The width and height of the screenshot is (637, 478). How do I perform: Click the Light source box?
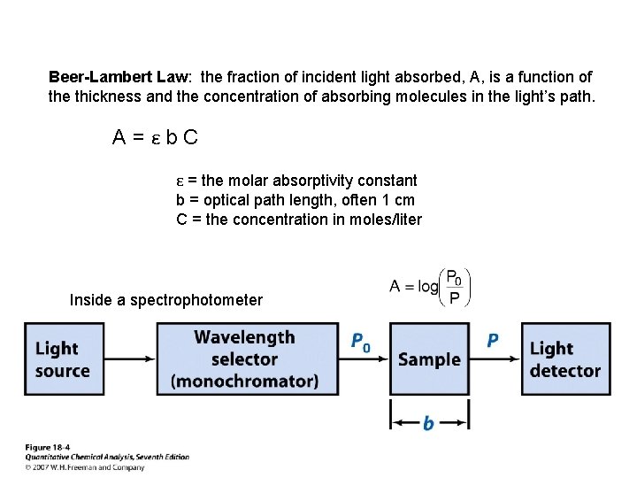click(63, 359)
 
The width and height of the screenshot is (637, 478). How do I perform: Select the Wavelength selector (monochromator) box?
click(244, 359)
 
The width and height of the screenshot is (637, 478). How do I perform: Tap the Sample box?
click(430, 359)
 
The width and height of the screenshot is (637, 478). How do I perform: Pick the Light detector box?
click(565, 359)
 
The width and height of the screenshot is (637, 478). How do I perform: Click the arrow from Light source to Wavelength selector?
click(125, 359)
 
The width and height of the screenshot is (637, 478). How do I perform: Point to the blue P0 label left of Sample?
click(361, 342)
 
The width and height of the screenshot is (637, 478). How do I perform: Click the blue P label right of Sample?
click(493, 341)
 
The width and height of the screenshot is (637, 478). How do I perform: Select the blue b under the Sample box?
click(429, 424)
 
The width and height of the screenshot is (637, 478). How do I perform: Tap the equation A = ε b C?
click(156, 137)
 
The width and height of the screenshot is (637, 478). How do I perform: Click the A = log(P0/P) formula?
click(430, 286)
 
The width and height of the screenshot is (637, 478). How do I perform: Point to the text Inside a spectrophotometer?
click(165, 300)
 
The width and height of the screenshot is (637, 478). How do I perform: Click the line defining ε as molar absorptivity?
click(296, 181)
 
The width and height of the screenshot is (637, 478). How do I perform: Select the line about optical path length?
click(295, 200)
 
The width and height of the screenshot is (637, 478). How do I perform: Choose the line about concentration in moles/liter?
click(299, 220)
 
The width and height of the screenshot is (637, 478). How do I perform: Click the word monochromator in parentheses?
click(244, 382)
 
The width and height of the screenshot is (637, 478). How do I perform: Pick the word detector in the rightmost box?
click(565, 371)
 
